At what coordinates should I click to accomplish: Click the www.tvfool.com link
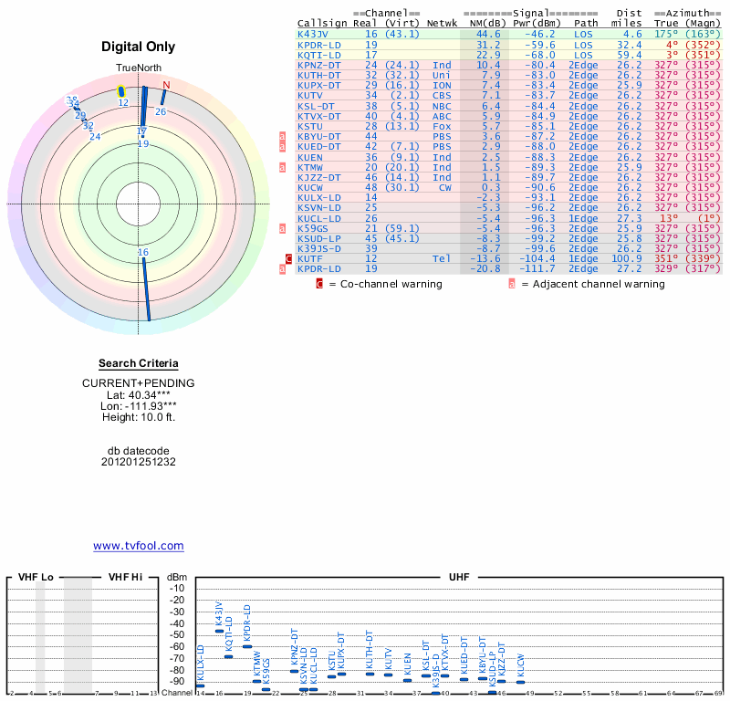pos(139,546)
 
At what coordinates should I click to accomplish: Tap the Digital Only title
pos(139,47)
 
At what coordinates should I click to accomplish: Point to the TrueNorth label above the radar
pos(139,69)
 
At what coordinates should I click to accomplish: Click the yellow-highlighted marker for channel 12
pos(121,91)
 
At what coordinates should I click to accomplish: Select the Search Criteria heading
pos(139,363)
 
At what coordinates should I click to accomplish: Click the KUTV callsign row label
pos(310,95)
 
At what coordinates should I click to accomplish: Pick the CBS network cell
pos(442,95)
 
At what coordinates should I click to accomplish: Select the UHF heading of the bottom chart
pos(460,577)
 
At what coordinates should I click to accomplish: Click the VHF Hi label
pos(125,577)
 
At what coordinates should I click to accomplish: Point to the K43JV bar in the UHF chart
pos(219,631)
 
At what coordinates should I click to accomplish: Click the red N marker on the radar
pos(165,86)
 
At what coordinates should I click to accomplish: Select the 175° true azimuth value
pos(666,34)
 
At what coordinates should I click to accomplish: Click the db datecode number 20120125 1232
pos(139,462)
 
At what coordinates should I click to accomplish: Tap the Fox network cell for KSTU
pos(442,126)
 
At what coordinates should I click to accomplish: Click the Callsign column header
pos(321,23)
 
